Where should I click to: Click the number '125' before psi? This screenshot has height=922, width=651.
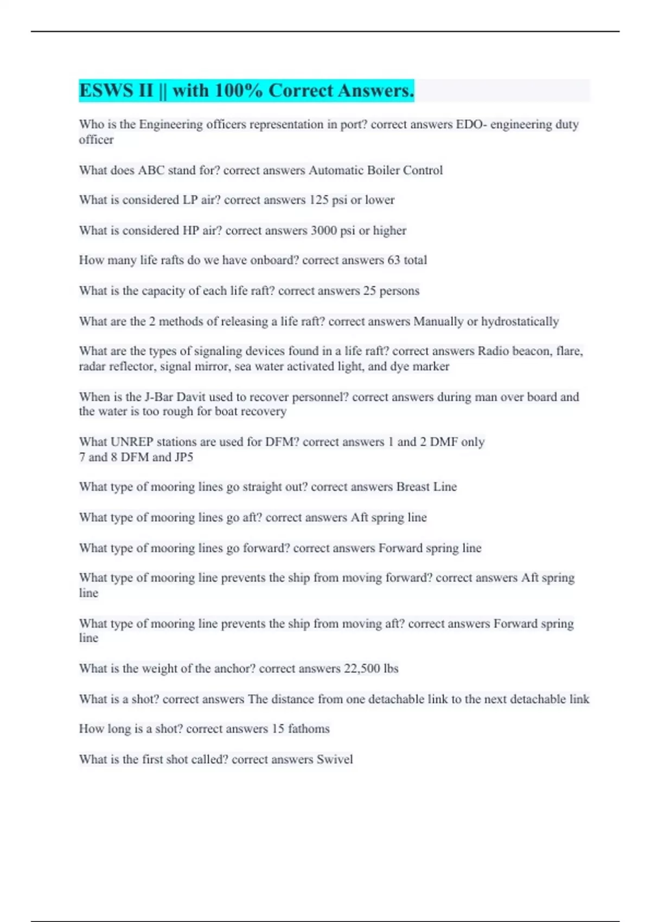[319, 200]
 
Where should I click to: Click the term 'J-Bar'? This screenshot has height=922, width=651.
[159, 397]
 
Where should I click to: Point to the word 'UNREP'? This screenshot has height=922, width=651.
[130, 442]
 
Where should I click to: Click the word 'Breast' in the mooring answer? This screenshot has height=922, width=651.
[413, 487]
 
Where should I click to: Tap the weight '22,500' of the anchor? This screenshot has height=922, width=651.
[362, 669]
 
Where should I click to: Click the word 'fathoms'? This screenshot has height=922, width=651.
[309, 729]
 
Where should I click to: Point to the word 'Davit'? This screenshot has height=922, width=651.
[191, 397]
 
